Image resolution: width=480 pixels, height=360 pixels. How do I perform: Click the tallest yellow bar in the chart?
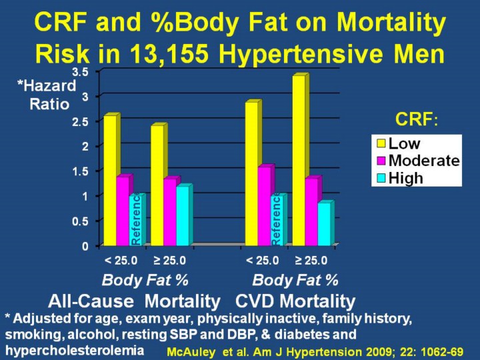point(299,160)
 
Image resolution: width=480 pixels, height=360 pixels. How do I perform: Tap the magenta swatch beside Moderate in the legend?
point(381,161)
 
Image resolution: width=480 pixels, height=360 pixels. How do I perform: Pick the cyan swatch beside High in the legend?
point(381,178)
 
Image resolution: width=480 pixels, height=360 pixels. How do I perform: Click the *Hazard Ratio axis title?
point(47,95)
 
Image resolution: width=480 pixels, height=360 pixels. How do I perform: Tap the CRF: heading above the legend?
point(417,120)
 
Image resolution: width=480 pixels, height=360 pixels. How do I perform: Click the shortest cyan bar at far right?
point(324,224)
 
